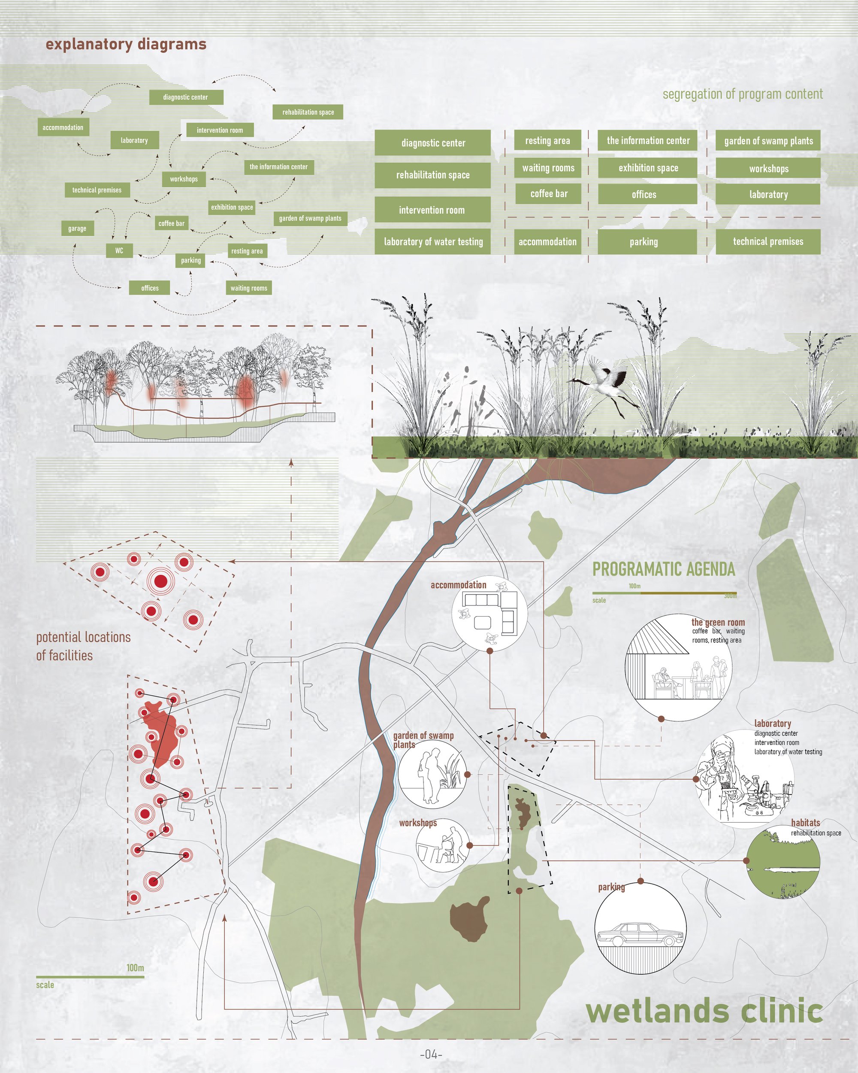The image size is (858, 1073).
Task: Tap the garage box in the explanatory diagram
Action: pyautogui.click(x=77, y=228)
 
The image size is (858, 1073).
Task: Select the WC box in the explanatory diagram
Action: pyautogui.click(x=119, y=250)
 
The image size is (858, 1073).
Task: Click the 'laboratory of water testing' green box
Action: pyautogui.click(x=433, y=242)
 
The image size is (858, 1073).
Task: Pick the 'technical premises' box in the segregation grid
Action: pyautogui.click(x=768, y=242)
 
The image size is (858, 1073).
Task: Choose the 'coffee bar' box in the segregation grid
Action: pyautogui.click(x=548, y=194)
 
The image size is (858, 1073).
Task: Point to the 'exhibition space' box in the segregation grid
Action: pyautogui.click(x=648, y=168)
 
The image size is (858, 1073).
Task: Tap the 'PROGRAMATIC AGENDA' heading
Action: pyautogui.click(x=664, y=569)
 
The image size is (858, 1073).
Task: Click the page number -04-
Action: pyautogui.click(x=431, y=1054)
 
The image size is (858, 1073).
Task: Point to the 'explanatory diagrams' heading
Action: pyautogui.click(x=126, y=45)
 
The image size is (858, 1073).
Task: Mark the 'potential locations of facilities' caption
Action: pyautogui.click(x=84, y=646)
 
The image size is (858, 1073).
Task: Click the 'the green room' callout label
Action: pyautogui.click(x=718, y=622)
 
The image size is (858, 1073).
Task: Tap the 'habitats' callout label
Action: pyautogui.click(x=805, y=823)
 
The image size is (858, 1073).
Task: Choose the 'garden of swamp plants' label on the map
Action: pyautogui.click(x=423, y=739)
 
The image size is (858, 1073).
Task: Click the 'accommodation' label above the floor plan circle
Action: pyautogui.click(x=458, y=585)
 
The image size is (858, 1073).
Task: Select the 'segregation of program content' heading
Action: pyautogui.click(x=743, y=94)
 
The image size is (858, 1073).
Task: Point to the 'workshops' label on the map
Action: pyautogui.click(x=418, y=823)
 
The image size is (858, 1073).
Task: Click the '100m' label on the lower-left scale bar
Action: pyautogui.click(x=135, y=967)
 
